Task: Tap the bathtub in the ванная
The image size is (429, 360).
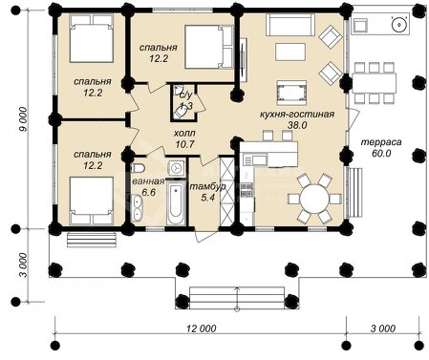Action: pyautogui.click(x=176, y=203)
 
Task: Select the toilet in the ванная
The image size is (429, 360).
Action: pyautogui.click(x=138, y=168)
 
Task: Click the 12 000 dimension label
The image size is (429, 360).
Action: pyautogui.click(x=202, y=328)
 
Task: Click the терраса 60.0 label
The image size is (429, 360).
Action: pyautogui.click(x=381, y=147)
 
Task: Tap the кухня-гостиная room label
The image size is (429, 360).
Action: pyautogui.click(x=297, y=114)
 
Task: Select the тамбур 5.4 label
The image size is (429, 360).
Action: pyautogui.click(x=207, y=192)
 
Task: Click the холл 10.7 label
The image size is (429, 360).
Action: pyautogui.click(x=185, y=138)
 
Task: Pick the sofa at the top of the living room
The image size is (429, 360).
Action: pyautogui.click(x=290, y=24)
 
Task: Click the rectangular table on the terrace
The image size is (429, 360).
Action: pyautogui.click(x=374, y=83)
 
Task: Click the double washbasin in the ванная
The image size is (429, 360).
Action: pyautogui.click(x=138, y=208)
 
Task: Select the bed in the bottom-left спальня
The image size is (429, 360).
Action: pyautogui.click(x=92, y=201)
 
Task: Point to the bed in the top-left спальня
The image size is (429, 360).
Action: pyautogui.click(x=92, y=38)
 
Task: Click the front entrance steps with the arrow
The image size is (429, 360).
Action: pyautogui.click(x=237, y=298)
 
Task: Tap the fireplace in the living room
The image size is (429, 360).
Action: pyautogui.click(x=291, y=93)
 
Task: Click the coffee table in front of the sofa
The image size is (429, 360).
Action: pyautogui.click(x=290, y=52)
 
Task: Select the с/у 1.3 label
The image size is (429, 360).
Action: pyautogui.click(x=186, y=100)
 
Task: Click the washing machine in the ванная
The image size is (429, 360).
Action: pyautogui.click(x=176, y=168)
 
